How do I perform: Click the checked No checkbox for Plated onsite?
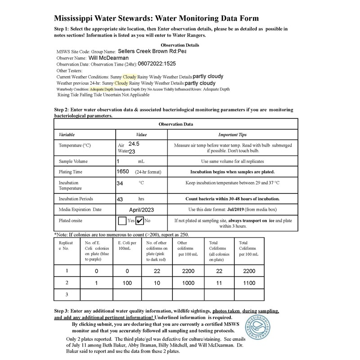140,221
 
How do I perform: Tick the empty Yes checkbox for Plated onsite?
121,221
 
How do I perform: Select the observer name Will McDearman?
114,58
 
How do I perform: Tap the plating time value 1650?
122,171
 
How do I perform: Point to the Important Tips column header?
232,135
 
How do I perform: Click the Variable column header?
67,135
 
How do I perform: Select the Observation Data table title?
176,124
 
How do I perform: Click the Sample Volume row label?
73,161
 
